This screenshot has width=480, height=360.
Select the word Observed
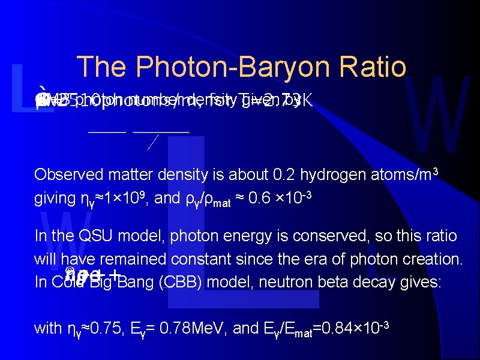(x=62, y=175)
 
